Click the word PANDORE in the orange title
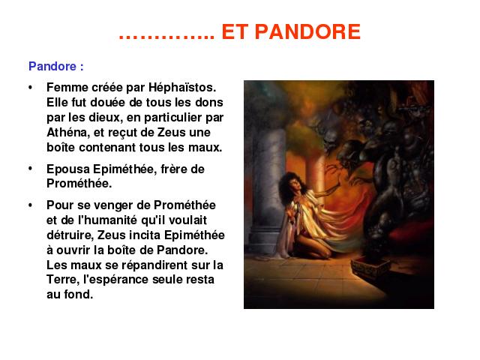[x=307, y=31]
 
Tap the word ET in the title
[x=234, y=31]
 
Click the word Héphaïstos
[x=182, y=87]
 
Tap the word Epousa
[x=68, y=169]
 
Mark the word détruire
[x=70, y=235]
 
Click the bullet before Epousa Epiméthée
[x=30, y=168]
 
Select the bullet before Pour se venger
[x=30, y=205]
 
